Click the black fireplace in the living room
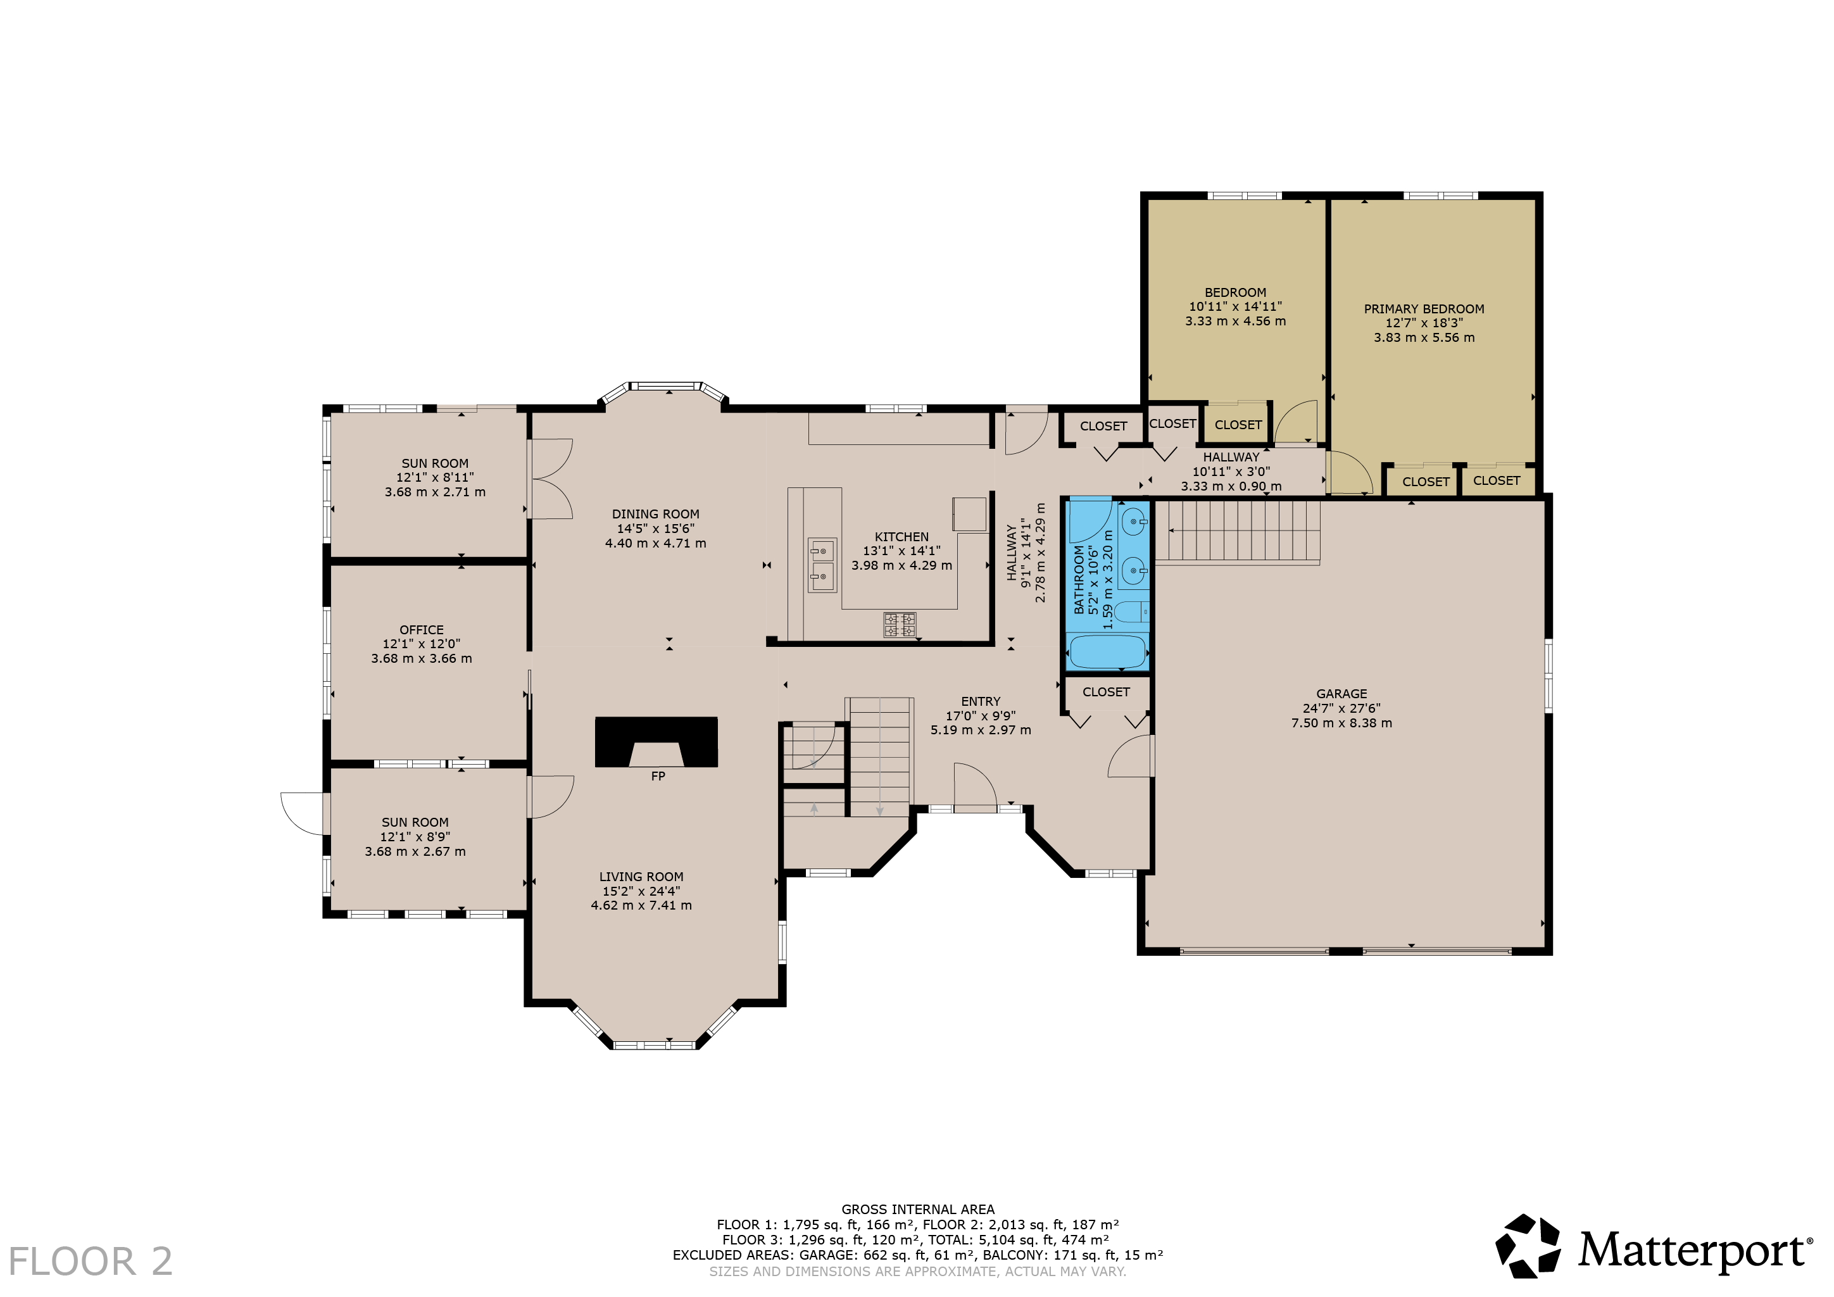(x=656, y=742)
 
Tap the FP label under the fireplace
(x=658, y=776)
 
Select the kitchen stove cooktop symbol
(x=900, y=625)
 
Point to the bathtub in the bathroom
(x=1108, y=652)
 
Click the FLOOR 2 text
(x=91, y=1262)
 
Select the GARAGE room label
(x=1342, y=694)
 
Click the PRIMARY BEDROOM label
(x=1424, y=309)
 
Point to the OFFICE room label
(x=422, y=630)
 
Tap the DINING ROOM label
(x=656, y=515)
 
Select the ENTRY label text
(x=981, y=701)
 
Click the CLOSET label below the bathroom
(x=1107, y=692)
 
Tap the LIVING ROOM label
(x=641, y=877)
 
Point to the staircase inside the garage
(x=1237, y=531)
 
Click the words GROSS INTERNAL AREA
(x=918, y=1209)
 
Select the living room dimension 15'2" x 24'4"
(x=641, y=891)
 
